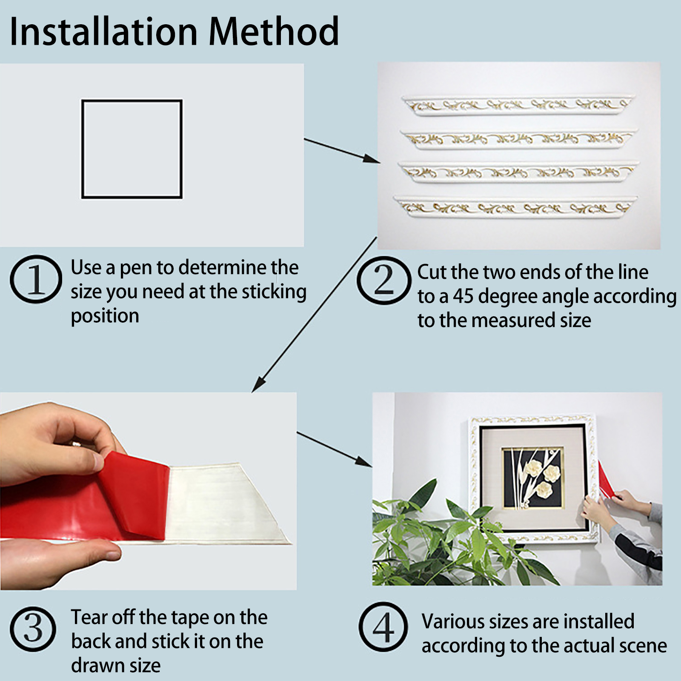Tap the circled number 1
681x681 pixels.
point(36,279)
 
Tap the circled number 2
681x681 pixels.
point(384,280)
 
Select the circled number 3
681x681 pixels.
point(33,629)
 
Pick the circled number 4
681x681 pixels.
point(383,627)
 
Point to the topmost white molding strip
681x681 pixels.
point(518,105)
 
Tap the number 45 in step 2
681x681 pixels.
point(463,296)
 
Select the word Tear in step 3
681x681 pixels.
point(89,617)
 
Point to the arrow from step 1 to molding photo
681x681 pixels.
point(342,151)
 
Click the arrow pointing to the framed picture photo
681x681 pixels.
point(335,449)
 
